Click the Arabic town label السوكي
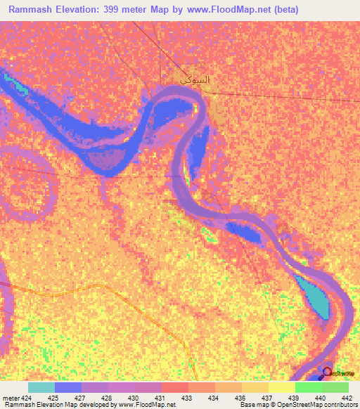point(195,80)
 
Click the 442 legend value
point(345,398)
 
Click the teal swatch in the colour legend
point(41,387)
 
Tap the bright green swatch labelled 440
point(308,387)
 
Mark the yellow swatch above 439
point(281,387)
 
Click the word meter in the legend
point(9,398)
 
